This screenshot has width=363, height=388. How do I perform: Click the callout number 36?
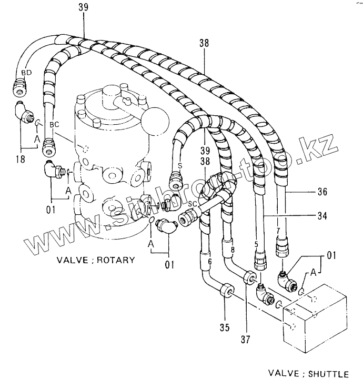click(x=322, y=193)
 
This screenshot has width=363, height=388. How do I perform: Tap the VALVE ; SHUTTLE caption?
click(x=308, y=374)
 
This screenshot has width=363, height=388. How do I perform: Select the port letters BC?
click(x=55, y=125)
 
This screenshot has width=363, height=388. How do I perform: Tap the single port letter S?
click(x=180, y=165)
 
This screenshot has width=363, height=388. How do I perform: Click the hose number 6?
click(x=209, y=262)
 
